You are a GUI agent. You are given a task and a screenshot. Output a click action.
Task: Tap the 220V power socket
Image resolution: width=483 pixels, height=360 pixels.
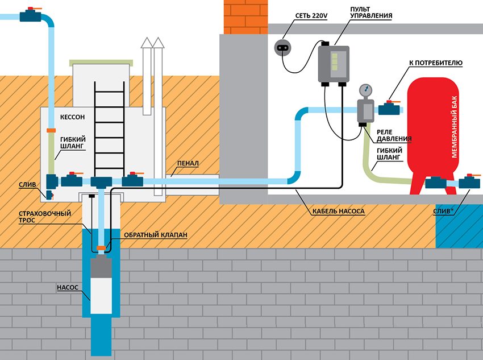(x=282, y=48)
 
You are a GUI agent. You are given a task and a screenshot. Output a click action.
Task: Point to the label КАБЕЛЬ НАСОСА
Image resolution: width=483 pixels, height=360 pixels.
(x=339, y=210)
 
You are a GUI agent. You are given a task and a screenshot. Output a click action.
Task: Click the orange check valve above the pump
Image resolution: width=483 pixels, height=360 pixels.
(x=101, y=247)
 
